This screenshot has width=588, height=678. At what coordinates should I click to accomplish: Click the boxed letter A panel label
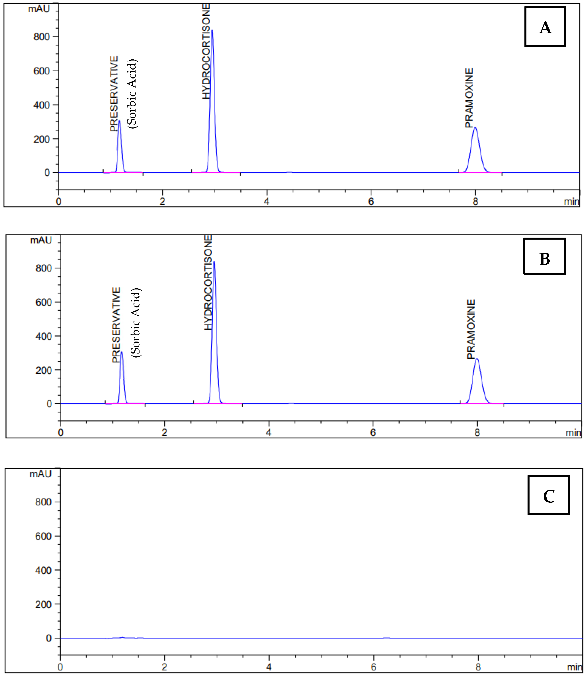pyautogui.click(x=545, y=27)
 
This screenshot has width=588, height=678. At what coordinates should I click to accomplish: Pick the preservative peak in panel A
pyautogui.click(x=119, y=121)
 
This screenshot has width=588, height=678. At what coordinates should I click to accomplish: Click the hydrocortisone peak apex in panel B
pyautogui.click(x=214, y=262)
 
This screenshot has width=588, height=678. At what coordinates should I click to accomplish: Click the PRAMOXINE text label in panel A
pyautogui.click(x=470, y=98)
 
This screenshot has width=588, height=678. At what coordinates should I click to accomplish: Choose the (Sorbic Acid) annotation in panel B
pyautogui.click(x=136, y=322)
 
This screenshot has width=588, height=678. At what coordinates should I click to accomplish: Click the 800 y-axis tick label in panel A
pyautogui.click(x=42, y=37)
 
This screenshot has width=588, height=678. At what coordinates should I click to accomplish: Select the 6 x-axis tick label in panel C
pyautogui.click(x=373, y=667)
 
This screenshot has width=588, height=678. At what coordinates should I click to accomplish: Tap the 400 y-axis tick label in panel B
pyautogui.click(x=44, y=336)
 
